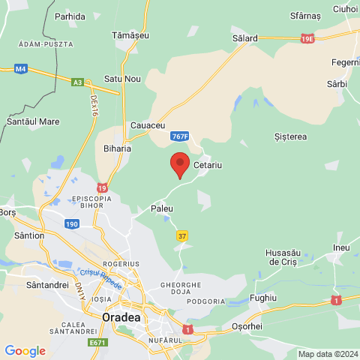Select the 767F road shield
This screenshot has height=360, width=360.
(x=179, y=136)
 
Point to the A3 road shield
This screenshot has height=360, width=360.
(x=77, y=83)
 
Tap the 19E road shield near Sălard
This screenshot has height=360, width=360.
(x=307, y=37)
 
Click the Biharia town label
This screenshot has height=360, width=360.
(x=117, y=148)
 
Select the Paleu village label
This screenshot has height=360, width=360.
(x=162, y=208)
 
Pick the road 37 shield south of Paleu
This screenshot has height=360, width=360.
(x=182, y=235)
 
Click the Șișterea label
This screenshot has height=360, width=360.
(x=291, y=136)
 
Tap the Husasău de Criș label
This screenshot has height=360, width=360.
(x=284, y=257)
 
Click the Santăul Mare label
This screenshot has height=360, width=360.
(x=33, y=120)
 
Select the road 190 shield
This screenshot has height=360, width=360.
(x=71, y=223)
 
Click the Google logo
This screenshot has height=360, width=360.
(x=25, y=350)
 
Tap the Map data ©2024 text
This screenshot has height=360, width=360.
(x=326, y=354)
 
